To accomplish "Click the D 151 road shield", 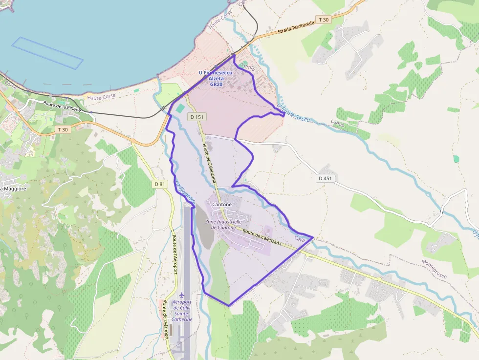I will [197, 117].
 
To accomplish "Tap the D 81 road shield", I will [159, 184].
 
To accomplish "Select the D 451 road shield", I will [325, 178].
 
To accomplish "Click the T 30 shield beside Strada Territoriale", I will [323, 20].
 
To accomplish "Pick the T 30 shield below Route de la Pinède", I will [62, 129].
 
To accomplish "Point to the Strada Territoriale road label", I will [296, 27].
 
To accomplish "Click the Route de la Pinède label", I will [62, 106].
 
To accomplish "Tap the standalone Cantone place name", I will [222, 204].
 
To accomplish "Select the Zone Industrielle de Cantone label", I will [223, 225].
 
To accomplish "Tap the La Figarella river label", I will [185, 193].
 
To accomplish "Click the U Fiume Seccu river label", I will [294, 113].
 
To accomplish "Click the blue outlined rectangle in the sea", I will [47, 53].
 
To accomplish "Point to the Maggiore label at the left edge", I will [13, 189].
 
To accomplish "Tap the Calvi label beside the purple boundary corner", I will [300, 239].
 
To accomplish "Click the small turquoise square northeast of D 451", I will [456, 159].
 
